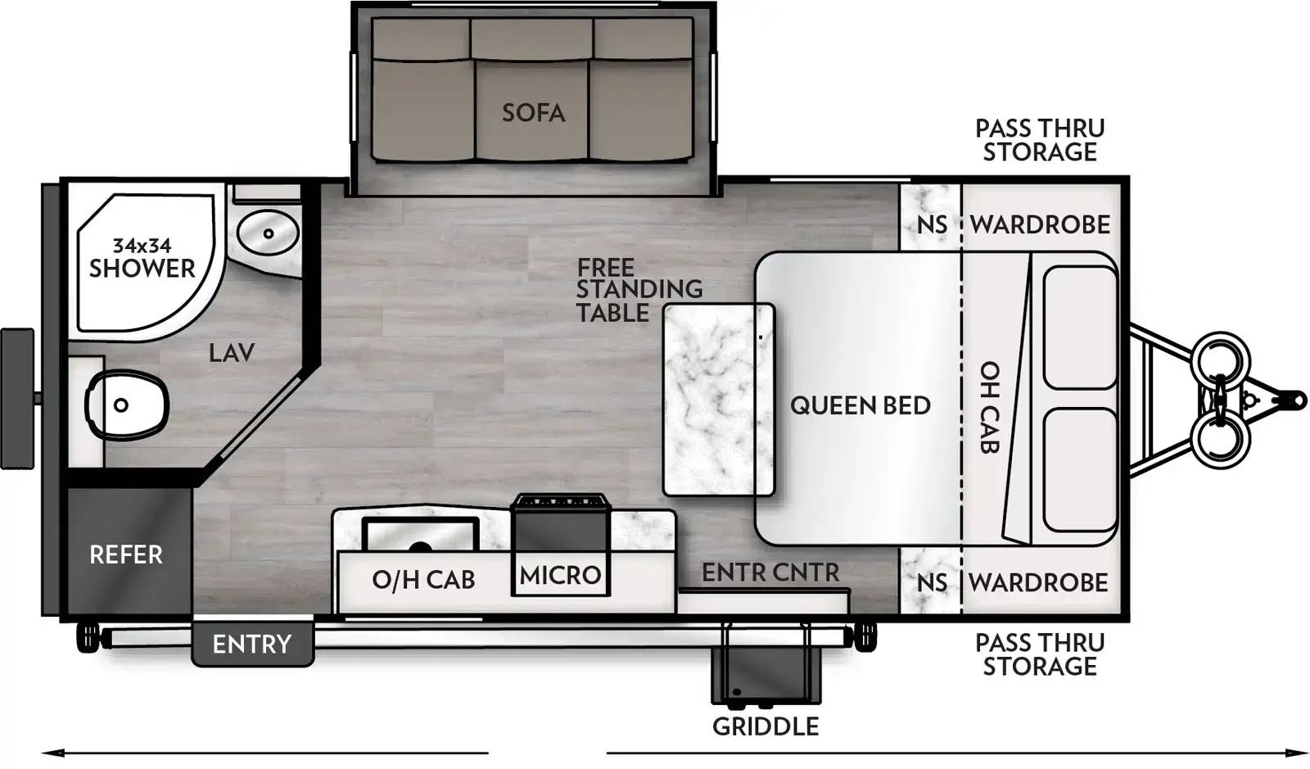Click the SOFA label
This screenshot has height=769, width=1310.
(x=533, y=112)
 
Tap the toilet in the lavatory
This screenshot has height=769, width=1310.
(x=127, y=405)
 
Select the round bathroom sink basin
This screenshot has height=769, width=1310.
(x=268, y=233)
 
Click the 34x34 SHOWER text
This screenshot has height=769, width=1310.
(x=142, y=258)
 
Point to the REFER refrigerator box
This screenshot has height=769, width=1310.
(x=126, y=554)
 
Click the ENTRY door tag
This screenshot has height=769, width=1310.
(x=251, y=645)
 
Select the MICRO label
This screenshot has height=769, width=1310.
(x=561, y=575)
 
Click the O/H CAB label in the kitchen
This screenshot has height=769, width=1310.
(x=423, y=580)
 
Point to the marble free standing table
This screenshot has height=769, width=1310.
(x=718, y=400)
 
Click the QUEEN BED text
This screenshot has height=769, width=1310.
(x=860, y=405)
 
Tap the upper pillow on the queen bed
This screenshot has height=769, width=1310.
(x=1080, y=327)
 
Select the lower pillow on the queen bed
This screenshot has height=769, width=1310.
(x=1080, y=469)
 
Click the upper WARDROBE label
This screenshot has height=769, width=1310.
(x=1040, y=224)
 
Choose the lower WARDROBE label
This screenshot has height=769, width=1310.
(x=1038, y=582)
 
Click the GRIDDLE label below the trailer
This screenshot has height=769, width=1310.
(x=766, y=726)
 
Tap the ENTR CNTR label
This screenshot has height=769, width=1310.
(x=770, y=572)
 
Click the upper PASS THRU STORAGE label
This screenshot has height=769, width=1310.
(x=1040, y=140)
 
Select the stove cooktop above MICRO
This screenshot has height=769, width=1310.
(x=560, y=501)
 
